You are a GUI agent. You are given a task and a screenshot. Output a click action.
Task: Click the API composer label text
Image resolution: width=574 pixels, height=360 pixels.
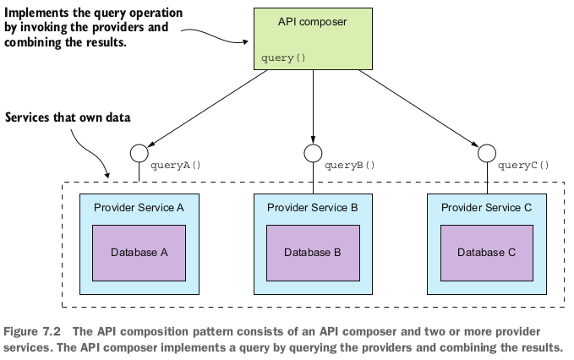312,19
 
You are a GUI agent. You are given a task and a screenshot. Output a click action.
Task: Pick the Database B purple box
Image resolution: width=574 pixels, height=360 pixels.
312,252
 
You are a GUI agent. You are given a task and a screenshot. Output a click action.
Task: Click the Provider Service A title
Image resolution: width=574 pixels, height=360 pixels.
139,207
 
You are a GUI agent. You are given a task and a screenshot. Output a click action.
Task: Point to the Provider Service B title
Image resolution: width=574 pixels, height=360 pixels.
312,207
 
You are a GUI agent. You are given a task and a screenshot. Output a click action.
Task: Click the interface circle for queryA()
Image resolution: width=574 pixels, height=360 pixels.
139,153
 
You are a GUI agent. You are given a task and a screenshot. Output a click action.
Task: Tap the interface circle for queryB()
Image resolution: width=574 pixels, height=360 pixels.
312,153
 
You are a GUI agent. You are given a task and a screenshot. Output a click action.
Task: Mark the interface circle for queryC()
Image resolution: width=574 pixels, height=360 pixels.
486,153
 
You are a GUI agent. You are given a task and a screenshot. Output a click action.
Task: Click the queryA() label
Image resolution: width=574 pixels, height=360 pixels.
176,166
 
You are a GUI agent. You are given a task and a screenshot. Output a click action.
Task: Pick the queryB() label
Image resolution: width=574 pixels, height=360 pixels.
349,166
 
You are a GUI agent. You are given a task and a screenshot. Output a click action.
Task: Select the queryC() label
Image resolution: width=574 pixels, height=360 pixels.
523,166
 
